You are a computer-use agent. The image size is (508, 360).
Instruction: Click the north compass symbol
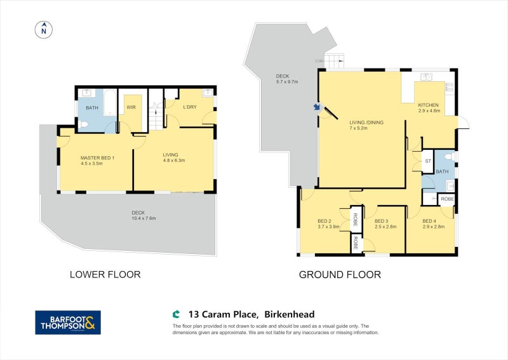(44, 29)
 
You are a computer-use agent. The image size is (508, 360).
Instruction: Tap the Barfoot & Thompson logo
(67, 322)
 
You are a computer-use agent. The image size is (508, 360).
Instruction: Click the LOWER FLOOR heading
(105, 275)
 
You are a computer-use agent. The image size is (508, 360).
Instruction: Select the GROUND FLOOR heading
(340, 275)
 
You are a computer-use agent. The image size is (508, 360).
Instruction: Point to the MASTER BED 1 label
(97, 158)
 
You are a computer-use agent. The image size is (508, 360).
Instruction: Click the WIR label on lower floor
(131, 108)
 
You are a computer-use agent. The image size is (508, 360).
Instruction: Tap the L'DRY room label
(189, 107)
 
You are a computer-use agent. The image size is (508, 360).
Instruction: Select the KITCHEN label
(428, 105)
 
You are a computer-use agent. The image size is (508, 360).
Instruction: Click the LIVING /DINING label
(366, 123)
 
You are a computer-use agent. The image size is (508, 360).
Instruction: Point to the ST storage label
(428, 161)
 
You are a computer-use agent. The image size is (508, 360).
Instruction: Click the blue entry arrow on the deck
(316, 107)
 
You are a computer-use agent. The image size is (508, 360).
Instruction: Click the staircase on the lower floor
(155, 116)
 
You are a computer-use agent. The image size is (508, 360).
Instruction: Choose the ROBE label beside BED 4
(446, 199)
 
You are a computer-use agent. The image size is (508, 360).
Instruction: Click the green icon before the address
(176, 314)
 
